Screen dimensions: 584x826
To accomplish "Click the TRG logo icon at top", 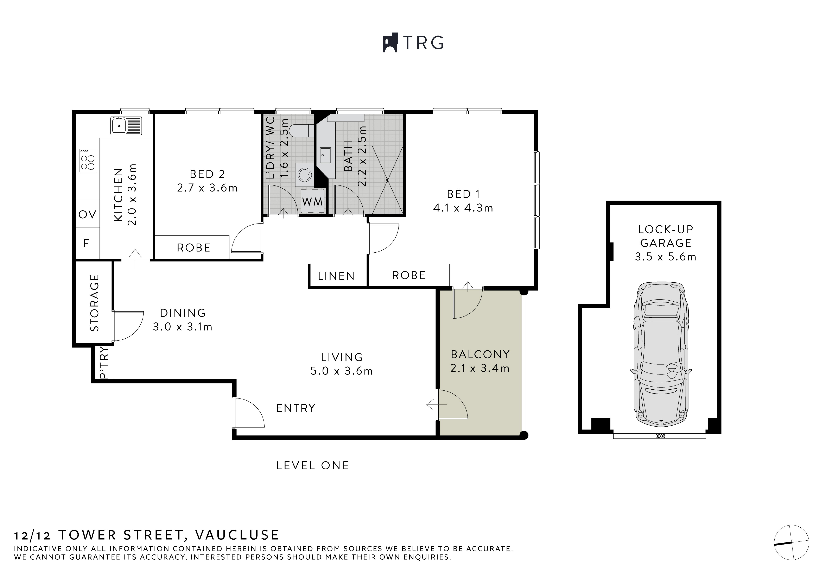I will (390, 43).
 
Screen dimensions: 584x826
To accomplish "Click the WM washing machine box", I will (313, 201).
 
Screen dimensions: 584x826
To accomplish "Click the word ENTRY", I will (296, 408).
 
